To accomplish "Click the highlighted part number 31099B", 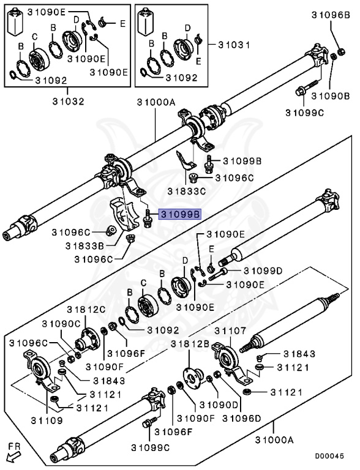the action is (180, 215).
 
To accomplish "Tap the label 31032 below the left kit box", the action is (68, 102).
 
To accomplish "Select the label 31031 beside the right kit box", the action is (234, 45).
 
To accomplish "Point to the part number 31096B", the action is (331, 15).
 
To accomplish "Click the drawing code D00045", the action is (329, 456).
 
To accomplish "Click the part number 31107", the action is (230, 331).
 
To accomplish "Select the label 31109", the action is (47, 420).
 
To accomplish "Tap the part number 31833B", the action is (84, 246).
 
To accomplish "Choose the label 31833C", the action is (186, 191).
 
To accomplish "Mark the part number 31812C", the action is (86, 309).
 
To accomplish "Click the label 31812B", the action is (190, 344).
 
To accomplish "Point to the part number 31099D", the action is (263, 271).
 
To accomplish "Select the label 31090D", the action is (219, 405).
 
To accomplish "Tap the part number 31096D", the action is (242, 418).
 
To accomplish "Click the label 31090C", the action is (61, 324).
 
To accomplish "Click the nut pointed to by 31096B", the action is (341, 51).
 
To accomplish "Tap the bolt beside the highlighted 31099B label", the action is (147, 219).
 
